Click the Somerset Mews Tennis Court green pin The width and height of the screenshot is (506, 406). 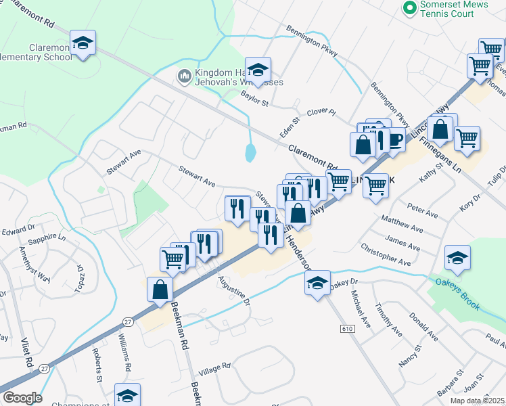pos(409,8)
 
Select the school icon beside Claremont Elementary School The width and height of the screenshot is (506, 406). pos(83,43)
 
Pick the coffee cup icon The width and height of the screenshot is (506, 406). pos(396,141)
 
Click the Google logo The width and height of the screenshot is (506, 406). pos(22,398)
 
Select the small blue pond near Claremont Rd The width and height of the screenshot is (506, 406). pos(251,152)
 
